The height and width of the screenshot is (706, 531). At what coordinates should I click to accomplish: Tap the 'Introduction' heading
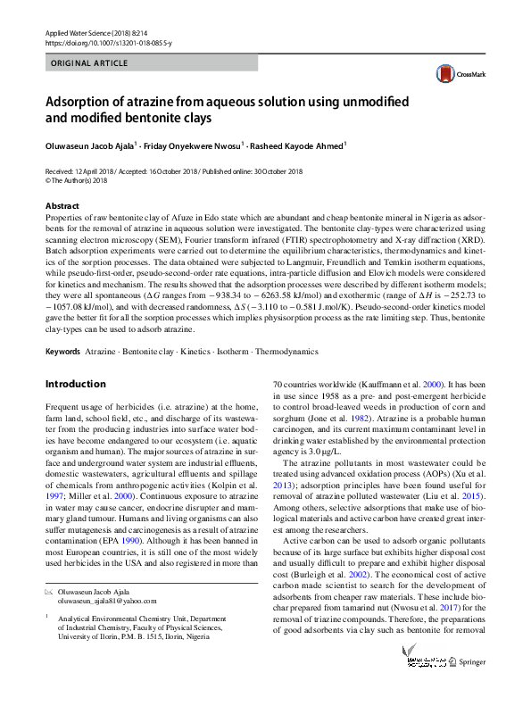coord(75,384)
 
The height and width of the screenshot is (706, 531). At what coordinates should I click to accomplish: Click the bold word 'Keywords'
coord(62,352)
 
